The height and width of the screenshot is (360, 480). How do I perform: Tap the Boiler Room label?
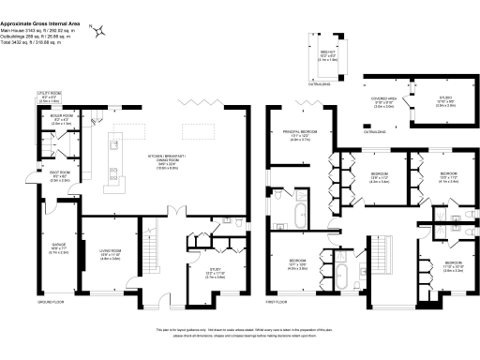pyautogui.click(x=62, y=119)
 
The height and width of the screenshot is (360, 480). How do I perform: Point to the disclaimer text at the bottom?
pyautogui.click(x=240, y=333)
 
